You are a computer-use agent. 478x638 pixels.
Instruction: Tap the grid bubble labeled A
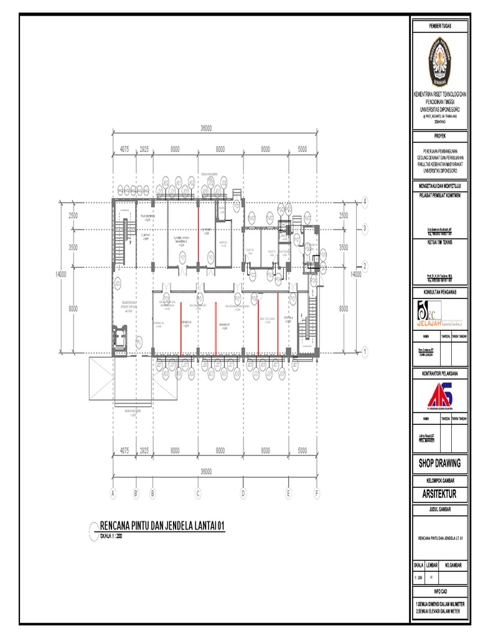point(113,493)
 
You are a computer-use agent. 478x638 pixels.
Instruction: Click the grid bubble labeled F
point(317,493)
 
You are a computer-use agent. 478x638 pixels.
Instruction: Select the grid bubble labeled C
point(198,493)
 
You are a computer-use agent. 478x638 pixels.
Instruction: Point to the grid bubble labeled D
point(243,493)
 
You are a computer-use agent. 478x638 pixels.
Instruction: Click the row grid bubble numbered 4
point(365,201)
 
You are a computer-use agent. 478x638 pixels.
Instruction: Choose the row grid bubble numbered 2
point(365,266)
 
